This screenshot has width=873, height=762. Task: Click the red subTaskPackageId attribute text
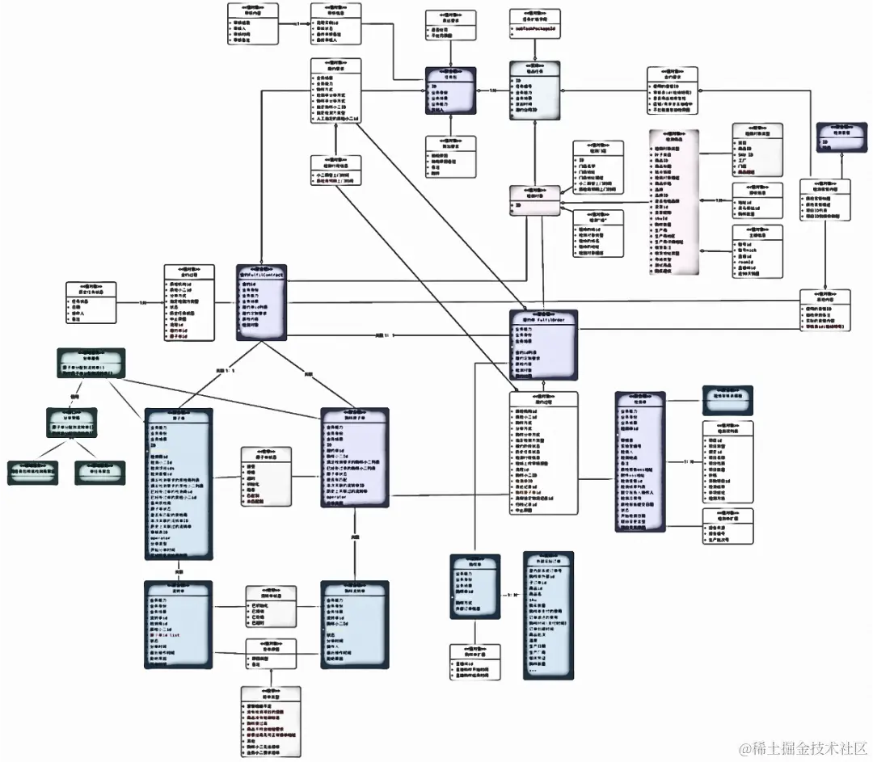click(x=536, y=28)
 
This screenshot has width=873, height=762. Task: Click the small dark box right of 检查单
click(x=727, y=394)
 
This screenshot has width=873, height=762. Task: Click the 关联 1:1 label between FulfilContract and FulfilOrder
click(x=383, y=335)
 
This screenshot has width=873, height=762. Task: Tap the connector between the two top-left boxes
click(x=295, y=23)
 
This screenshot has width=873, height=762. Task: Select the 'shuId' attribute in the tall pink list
click(x=662, y=217)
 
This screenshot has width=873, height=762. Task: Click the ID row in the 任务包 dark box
click(x=434, y=84)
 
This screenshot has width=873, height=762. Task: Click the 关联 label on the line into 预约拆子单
click(x=308, y=373)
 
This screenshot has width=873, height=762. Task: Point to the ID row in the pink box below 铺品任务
click(x=517, y=206)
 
